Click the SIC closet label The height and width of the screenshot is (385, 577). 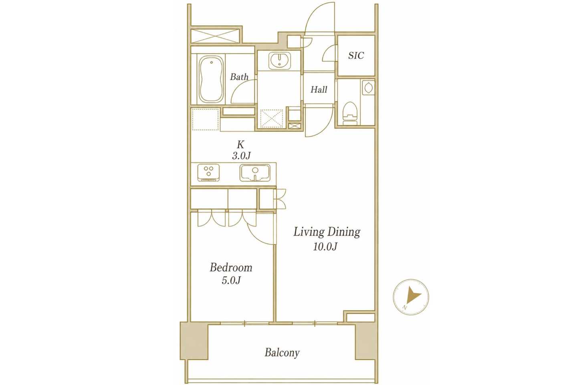tap(356, 55)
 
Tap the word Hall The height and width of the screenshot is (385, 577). tap(319, 89)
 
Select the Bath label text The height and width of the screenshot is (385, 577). tap(239, 77)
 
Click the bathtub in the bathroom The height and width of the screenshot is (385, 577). tap(211, 79)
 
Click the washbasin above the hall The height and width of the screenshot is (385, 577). tap(280, 61)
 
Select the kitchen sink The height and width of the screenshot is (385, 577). tap(255, 173)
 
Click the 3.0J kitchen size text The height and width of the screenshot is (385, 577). tap(241, 156)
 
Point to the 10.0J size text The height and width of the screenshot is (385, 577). tap(325, 247)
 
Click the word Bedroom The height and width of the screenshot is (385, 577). tap(231, 267)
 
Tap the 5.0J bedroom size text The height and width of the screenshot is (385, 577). tap(231, 280)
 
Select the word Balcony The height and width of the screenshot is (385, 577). tap(282, 353)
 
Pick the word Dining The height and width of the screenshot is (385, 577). tap(344, 232)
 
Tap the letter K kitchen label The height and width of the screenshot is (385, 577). tap(240, 144)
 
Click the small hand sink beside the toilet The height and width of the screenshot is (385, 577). tap(368, 88)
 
